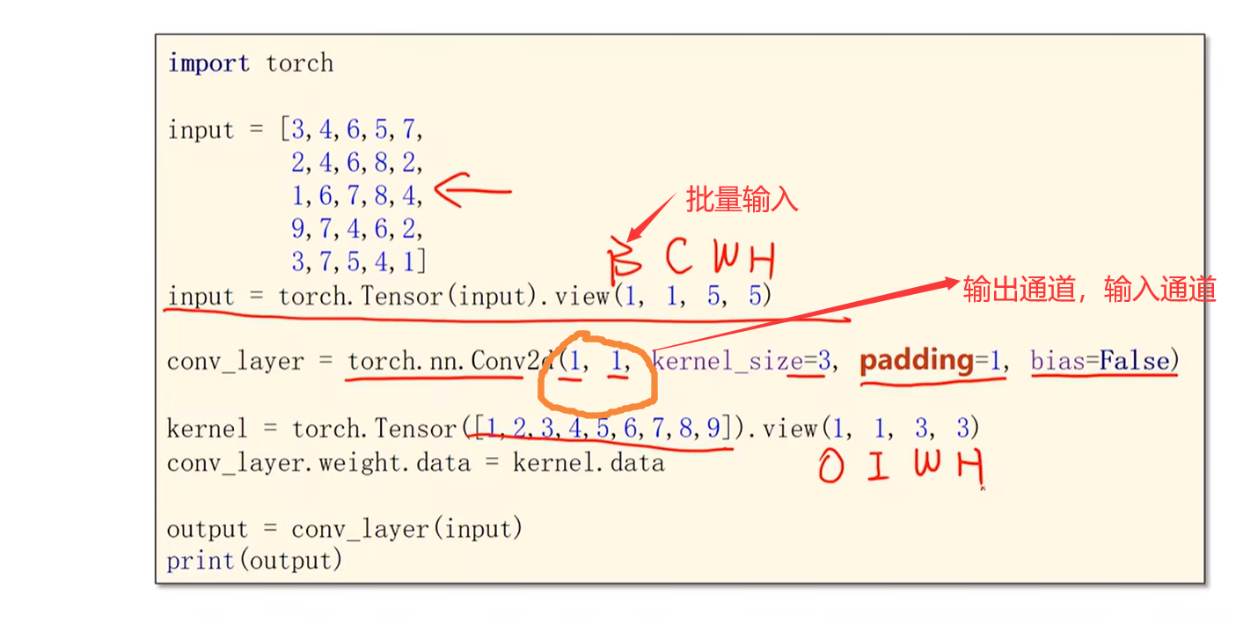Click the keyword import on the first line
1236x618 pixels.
(208, 63)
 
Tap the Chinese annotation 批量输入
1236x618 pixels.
(742, 200)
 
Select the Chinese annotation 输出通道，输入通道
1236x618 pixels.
(1089, 289)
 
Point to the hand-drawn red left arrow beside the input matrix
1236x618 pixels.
(472, 191)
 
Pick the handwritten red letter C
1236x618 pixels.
(679, 257)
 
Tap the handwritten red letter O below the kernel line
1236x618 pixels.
(830, 467)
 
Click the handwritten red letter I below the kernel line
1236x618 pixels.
(876, 467)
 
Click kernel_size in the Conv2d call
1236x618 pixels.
(728, 361)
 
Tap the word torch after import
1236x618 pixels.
(299, 63)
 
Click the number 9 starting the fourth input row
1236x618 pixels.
(299, 229)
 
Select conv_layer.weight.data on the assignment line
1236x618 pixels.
(318, 462)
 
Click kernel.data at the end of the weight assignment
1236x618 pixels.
(589, 462)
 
